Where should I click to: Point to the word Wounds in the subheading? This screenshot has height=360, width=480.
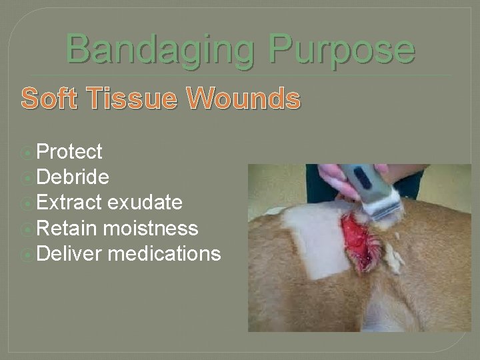click(x=243, y=99)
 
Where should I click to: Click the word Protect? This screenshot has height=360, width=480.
click(x=69, y=152)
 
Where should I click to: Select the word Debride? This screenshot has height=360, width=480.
click(x=73, y=177)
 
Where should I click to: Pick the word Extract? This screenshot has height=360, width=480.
click(x=69, y=203)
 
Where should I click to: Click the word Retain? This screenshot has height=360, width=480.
click(x=67, y=228)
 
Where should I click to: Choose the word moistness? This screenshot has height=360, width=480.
click(x=150, y=228)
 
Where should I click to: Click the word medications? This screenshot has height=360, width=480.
click(x=164, y=253)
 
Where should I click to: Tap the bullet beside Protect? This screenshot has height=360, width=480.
click(x=28, y=153)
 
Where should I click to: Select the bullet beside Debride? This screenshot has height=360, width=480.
click(x=28, y=178)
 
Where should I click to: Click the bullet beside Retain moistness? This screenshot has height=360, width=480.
click(x=28, y=229)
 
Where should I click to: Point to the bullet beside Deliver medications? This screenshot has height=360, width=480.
click(x=28, y=254)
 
